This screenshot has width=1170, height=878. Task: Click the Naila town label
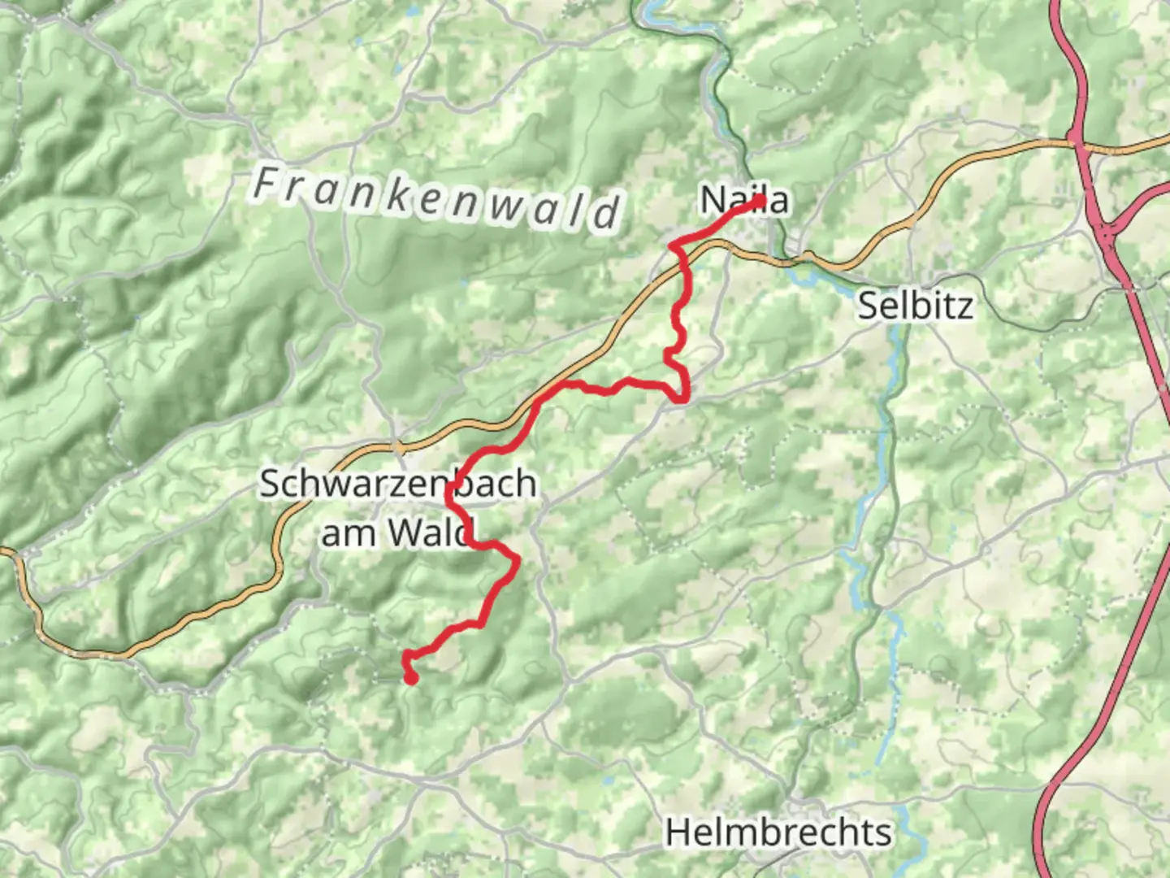tap(743, 200)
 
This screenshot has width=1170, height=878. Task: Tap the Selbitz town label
tap(915, 306)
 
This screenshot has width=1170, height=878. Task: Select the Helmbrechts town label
tap(778, 832)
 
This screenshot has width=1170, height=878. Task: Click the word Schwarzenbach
tap(397, 484)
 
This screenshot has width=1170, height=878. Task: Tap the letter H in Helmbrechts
tap(678, 832)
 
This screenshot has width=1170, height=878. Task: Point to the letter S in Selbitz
tap(869, 306)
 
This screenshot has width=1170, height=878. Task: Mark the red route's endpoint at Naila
tap(760, 201)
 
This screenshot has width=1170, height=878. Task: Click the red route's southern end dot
tap(411, 678)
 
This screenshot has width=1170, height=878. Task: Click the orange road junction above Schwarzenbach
tap(397, 446)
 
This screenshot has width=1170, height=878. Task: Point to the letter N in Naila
tap(713, 200)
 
